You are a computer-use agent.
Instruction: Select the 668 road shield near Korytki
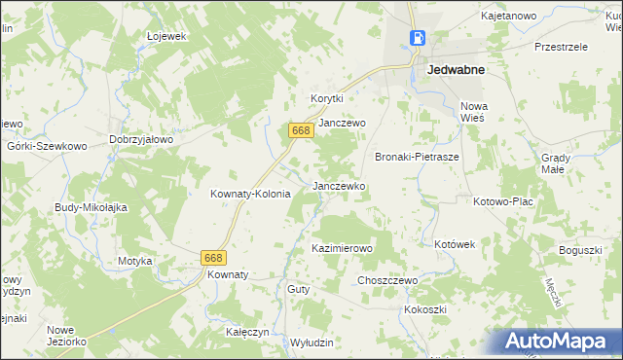300,130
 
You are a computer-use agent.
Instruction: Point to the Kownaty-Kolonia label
251,194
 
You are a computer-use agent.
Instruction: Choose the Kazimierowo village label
342,248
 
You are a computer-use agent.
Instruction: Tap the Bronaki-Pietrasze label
417,156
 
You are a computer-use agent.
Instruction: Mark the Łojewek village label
165,36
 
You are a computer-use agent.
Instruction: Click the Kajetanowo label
509,17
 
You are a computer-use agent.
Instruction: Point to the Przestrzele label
562,46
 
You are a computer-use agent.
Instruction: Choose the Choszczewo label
387,280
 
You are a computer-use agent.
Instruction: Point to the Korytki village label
328,98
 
